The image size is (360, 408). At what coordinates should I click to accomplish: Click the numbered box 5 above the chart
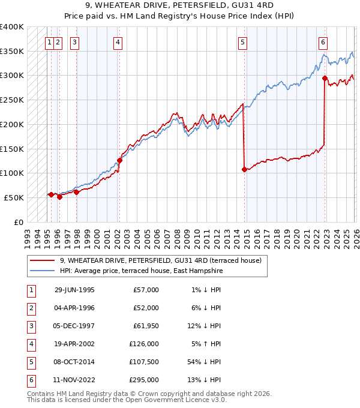[x=243, y=42]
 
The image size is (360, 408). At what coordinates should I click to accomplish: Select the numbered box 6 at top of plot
[x=323, y=42]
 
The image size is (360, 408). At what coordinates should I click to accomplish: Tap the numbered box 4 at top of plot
[x=118, y=42]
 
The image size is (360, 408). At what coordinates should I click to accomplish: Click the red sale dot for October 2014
[x=244, y=169]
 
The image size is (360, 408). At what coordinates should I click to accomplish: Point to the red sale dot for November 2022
[x=325, y=78]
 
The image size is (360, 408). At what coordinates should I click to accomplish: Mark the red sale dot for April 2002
[x=120, y=160]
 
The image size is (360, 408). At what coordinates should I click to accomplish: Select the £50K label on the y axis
[x=14, y=197]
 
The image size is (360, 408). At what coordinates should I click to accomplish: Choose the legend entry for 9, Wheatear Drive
[x=160, y=261]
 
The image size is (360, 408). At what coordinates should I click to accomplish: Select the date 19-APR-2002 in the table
[x=74, y=344]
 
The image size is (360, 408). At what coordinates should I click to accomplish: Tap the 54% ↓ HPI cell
[x=206, y=362]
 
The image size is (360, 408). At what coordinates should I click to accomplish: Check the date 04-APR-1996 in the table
[x=74, y=308]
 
